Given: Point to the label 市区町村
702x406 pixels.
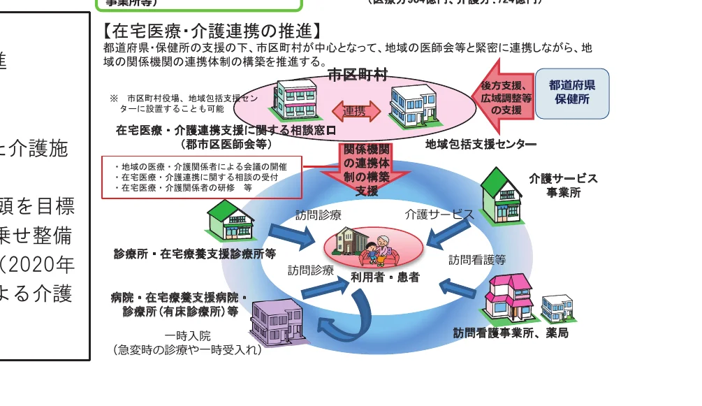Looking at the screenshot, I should point(358,76).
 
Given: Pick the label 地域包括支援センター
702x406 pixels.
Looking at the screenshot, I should point(481,145).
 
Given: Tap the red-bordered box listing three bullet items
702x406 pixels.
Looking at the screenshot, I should point(201,177).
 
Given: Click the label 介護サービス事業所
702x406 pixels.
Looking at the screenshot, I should point(563,184).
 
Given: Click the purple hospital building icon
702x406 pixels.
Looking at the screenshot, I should point(277,321).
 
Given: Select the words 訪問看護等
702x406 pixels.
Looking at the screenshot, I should point(477,260).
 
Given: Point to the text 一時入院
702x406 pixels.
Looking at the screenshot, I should point(188,335).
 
